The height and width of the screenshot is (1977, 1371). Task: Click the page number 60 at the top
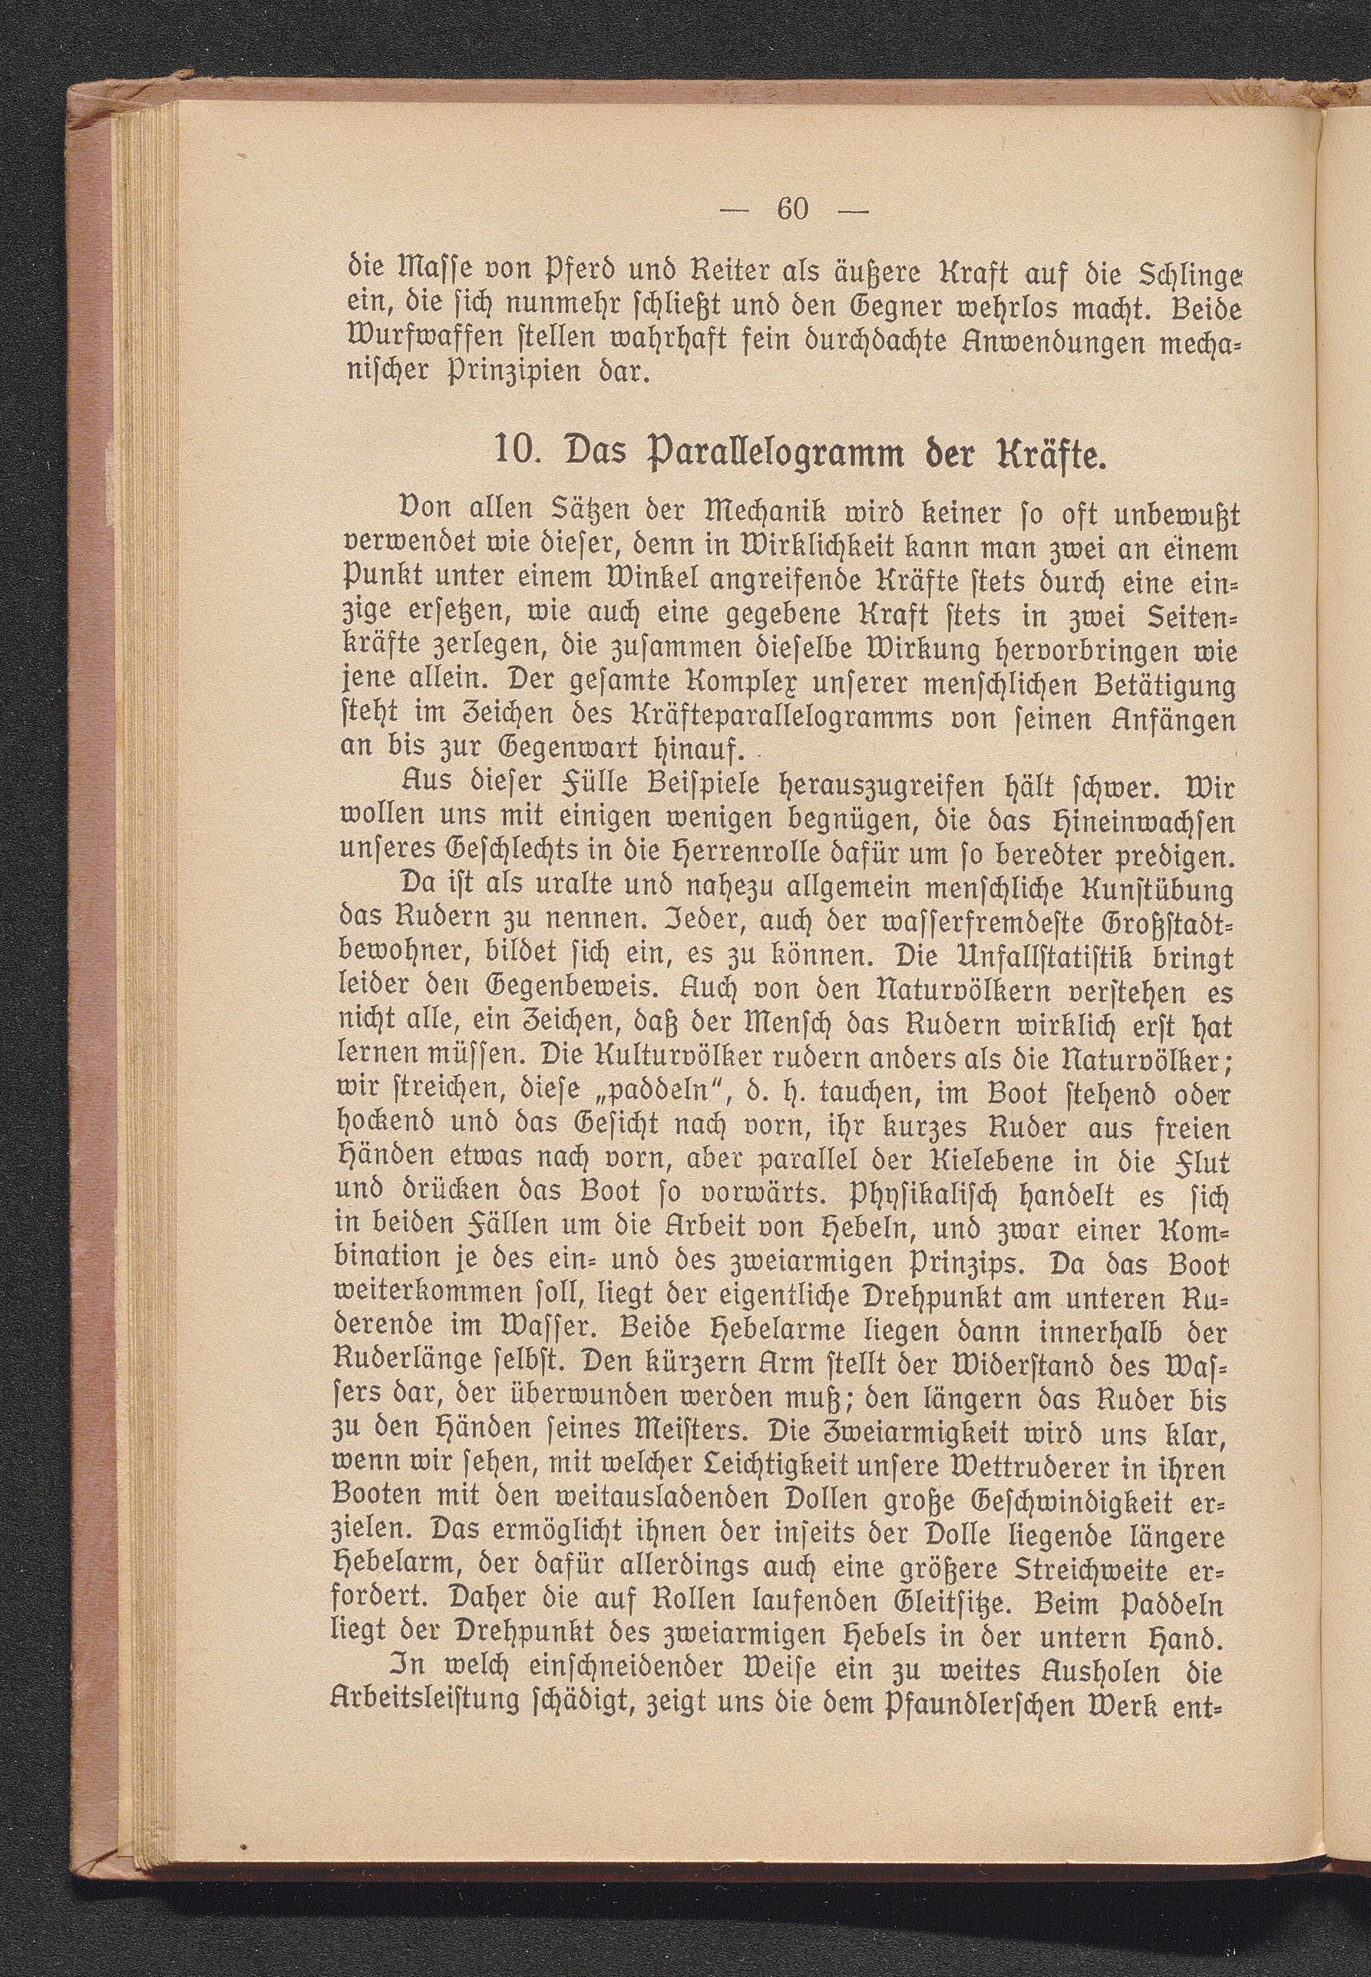791,209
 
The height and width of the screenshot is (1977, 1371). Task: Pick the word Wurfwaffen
400,339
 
